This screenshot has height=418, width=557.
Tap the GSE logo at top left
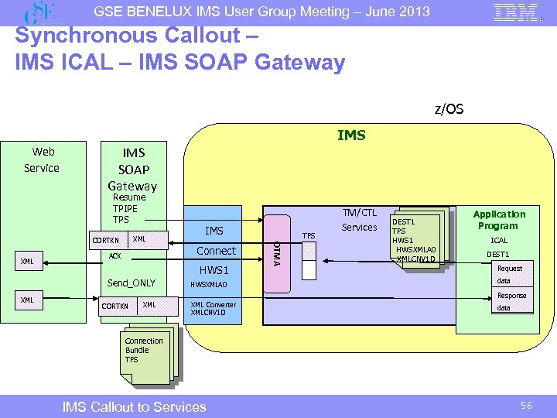tap(40, 12)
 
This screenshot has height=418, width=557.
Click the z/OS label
tap(449, 109)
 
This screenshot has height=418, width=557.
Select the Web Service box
tap(42, 159)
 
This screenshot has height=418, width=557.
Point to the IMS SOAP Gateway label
tap(132, 169)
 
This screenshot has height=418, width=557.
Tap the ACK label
tap(115, 255)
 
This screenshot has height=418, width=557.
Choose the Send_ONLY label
tap(131, 283)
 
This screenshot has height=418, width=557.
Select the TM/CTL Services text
tap(359, 220)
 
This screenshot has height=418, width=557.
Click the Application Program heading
tap(498, 220)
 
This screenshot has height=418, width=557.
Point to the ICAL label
tap(498, 241)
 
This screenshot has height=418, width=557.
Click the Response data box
tap(511, 301)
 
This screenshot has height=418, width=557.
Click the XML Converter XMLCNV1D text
tap(213, 308)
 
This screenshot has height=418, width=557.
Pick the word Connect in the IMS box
tap(216, 251)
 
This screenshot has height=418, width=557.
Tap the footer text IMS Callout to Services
tap(134, 406)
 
